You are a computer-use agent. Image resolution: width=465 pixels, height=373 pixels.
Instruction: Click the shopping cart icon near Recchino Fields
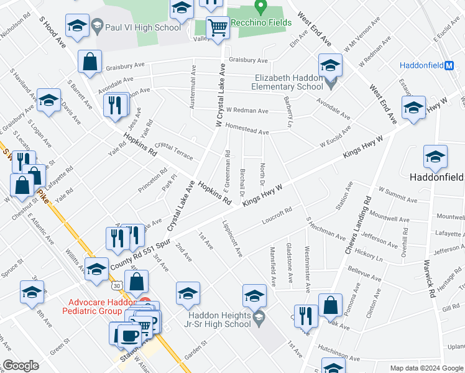(218, 27)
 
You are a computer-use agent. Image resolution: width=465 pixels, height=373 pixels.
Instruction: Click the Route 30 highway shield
(117, 288)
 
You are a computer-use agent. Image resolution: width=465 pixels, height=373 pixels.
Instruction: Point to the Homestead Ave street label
(247, 132)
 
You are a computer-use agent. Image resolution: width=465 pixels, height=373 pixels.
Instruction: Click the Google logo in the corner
(21, 366)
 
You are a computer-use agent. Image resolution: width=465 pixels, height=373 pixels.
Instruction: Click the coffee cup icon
(129, 334)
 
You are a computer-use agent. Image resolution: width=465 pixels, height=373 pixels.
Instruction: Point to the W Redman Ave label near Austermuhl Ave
(247, 111)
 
